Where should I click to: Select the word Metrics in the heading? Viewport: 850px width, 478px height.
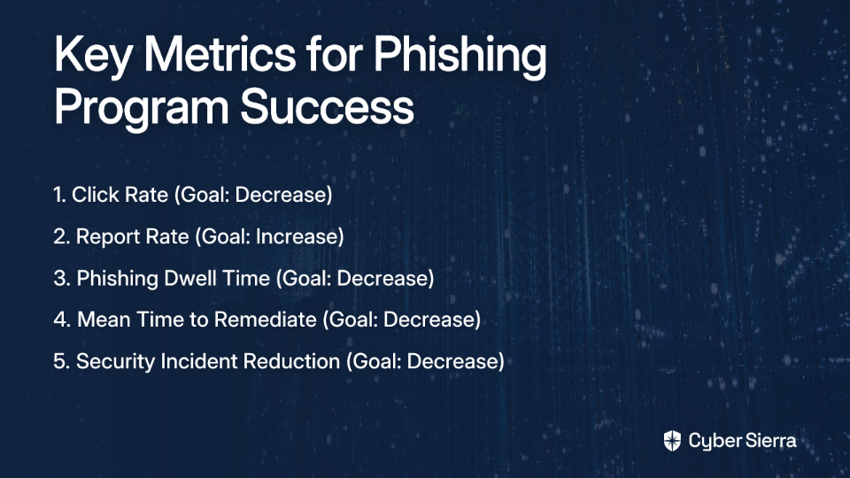pyautogui.click(x=220, y=54)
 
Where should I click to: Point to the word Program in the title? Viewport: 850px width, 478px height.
pyautogui.click(x=142, y=108)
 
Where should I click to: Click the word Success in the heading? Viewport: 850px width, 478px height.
pyautogui.click(x=328, y=105)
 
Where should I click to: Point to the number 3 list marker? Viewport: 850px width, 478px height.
pyautogui.click(x=60, y=279)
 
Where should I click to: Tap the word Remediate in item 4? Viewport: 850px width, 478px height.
pyautogui.click(x=265, y=320)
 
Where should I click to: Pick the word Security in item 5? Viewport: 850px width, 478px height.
pyautogui.click(x=115, y=362)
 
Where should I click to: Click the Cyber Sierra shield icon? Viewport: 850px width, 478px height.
pyautogui.click(x=672, y=441)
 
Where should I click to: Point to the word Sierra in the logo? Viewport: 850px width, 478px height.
pyautogui.click(x=769, y=441)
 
